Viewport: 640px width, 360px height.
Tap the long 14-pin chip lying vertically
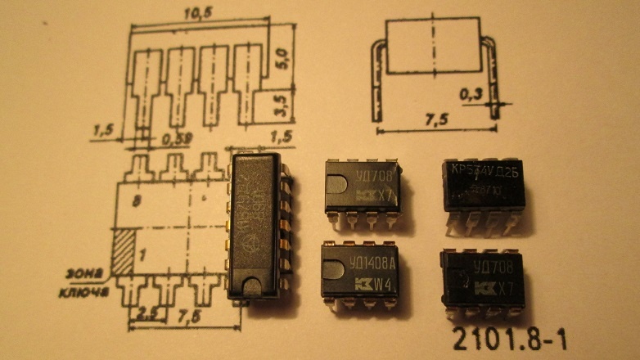click(258, 221)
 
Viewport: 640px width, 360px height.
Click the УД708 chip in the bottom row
click(482, 278)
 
